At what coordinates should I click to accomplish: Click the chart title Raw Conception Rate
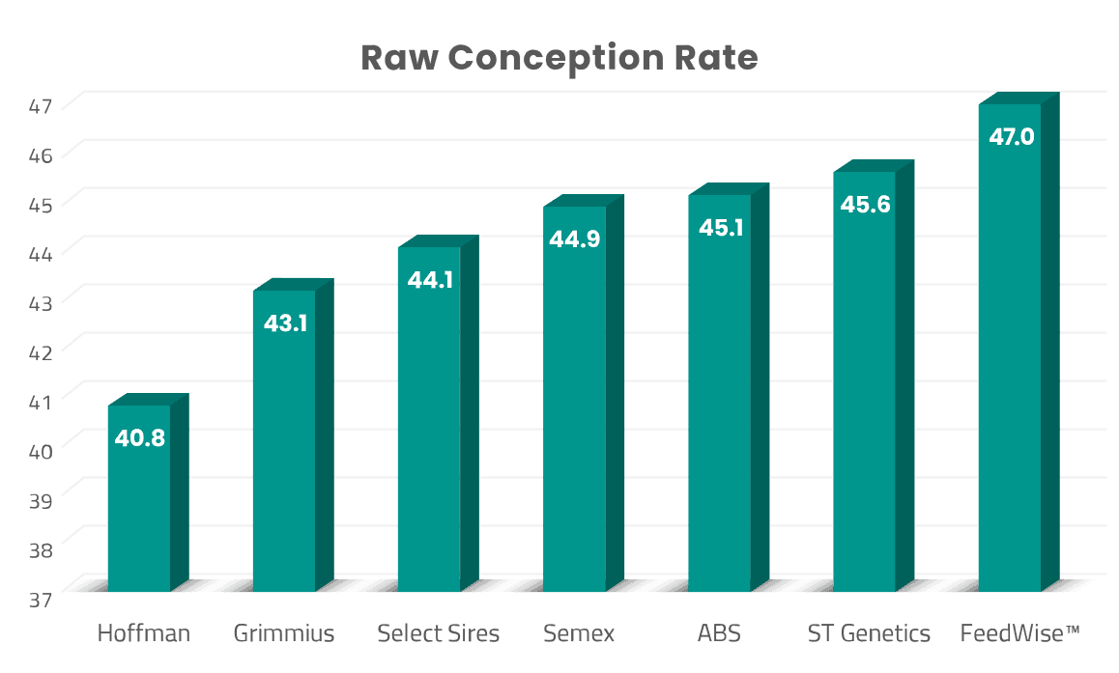tap(559, 58)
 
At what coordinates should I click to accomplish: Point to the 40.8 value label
tap(139, 438)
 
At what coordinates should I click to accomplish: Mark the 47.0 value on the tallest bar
tap(1011, 137)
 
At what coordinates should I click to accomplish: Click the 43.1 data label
tap(284, 323)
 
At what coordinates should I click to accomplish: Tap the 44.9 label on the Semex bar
tap(574, 239)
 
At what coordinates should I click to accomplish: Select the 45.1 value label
tap(719, 229)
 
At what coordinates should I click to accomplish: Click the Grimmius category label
tap(284, 634)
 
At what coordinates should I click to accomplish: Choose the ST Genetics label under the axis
tap(869, 634)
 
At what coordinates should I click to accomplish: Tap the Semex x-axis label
tap(578, 634)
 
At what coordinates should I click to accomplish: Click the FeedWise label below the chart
tap(1019, 634)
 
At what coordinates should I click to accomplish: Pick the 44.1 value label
tap(429, 281)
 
